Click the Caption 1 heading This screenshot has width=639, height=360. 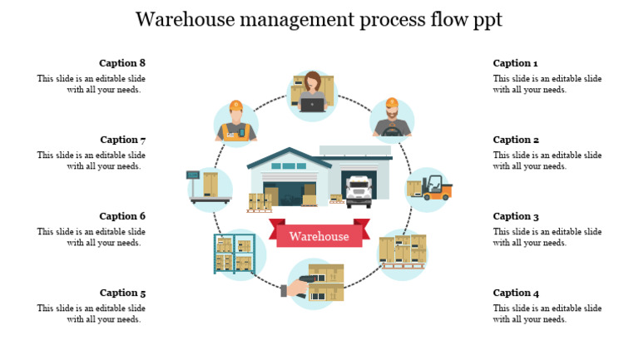coord(515,63)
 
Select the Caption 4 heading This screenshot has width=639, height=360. coord(516,293)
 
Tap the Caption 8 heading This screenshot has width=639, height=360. coord(122,63)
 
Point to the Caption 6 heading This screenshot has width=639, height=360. coord(122,216)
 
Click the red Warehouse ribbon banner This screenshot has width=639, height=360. coord(319,236)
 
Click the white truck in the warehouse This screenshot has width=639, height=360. coord(359,191)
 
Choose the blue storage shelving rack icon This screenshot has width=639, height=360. coord(234,254)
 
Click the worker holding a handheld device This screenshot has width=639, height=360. coord(236,122)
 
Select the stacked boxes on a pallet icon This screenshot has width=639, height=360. coord(403,251)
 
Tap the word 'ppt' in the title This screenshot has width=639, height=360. coord(487,20)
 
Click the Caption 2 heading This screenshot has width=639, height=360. coord(516,140)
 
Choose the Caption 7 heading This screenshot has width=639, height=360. coord(123,140)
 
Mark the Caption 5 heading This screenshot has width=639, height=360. coord(122,293)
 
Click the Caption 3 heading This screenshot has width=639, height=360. coord(516,216)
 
